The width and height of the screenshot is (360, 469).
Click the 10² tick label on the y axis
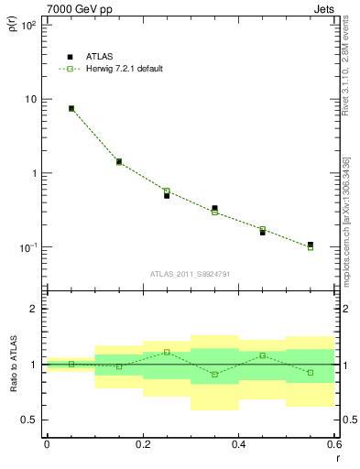pyautogui.click(x=28, y=25)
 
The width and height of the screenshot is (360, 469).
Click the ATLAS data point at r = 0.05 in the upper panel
pyautogui.click(x=71, y=108)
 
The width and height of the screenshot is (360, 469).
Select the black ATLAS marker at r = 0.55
pyautogui.click(x=311, y=245)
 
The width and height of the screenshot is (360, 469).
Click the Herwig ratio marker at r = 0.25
pyautogui.click(x=167, y=352)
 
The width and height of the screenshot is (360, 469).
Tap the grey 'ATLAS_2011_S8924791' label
pyautogui.click(x=190, y=273)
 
